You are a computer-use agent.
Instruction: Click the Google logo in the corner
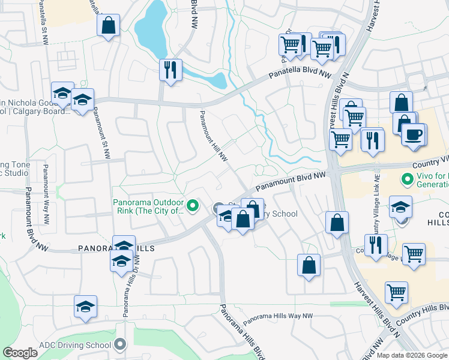[20, 353]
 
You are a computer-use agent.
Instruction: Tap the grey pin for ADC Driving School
[121, 344]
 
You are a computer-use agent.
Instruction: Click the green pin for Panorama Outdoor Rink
[193, 207]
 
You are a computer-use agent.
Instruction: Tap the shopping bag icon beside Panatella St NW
[108, 26]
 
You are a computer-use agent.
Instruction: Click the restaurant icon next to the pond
[170, 70]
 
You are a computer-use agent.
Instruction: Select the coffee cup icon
[413, 134]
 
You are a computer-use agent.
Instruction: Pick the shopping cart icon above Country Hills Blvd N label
[396, 292]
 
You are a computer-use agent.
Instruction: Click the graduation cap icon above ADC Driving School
[86, 306]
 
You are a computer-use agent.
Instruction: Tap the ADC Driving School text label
[75, 345]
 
